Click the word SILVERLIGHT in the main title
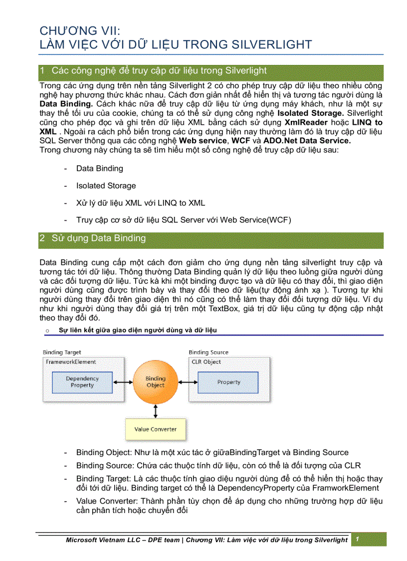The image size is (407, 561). coord(272,44)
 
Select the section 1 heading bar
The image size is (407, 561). coord(211,71)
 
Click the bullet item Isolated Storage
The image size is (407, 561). coord(106,186)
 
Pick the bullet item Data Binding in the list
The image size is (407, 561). coord(99,169)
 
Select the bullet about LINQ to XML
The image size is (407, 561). coord(140,203)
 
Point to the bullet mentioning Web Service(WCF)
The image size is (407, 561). coord(184,220)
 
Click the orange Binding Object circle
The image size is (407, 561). coord(156,382)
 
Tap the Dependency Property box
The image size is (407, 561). coord(82,382)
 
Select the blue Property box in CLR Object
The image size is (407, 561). coord(228,382)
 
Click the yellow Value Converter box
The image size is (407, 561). coord(156,429)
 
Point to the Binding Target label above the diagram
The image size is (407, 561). coord(62,352)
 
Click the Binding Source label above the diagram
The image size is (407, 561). coord(208,352)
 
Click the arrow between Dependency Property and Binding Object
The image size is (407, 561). coord(123,382)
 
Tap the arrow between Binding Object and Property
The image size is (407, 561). coord(189,382)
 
